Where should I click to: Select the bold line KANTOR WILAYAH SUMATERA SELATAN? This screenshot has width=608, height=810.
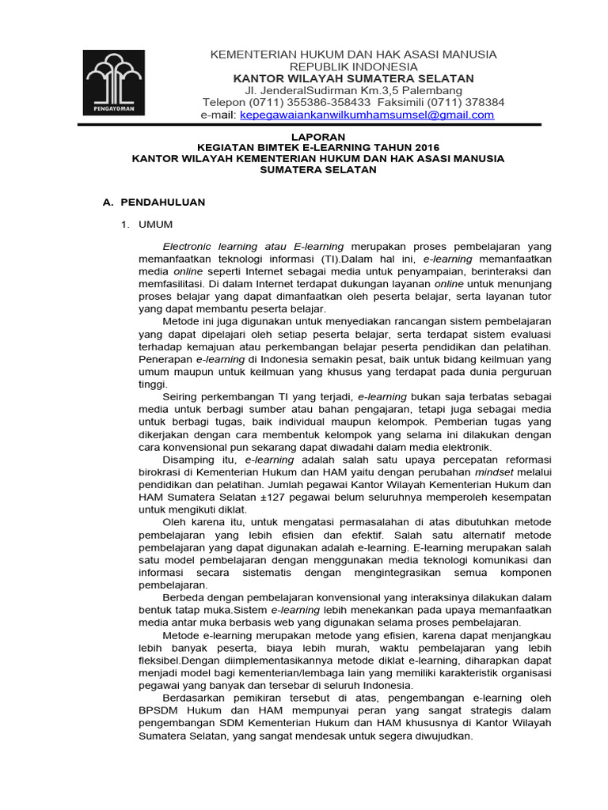(353, 78)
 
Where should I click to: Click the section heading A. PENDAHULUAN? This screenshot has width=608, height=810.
(154, 202)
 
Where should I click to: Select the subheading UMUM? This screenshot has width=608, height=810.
(155, 225)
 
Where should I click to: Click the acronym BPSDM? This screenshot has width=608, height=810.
(160, 710)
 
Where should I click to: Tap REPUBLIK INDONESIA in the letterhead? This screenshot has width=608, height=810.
(353, 66)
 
